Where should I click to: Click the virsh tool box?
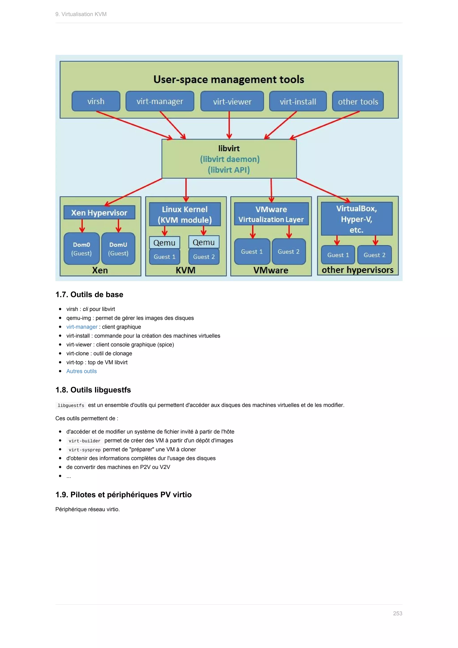tap(96, 101)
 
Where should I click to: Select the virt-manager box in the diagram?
tap(160, 101)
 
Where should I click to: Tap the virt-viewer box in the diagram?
tap(232, 101)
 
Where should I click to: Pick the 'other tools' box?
tap(358, 101)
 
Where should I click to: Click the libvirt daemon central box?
tap(229, 159)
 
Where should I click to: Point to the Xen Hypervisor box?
tap(99, 213)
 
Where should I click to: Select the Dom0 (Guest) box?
tap(81, 249)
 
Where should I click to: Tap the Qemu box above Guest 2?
tap(204, 242)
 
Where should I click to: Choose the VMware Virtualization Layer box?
tap(271, 214)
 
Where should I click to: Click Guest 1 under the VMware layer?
tap(252, 252)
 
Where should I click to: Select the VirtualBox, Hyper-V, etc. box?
tap(356, 219)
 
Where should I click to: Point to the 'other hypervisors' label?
tap(357, 270)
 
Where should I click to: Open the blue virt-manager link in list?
tap(82, 327)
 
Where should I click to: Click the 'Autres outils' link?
tap(81, 371)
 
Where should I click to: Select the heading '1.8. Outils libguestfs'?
tap(93, 390)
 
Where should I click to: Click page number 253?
tap(397, 613)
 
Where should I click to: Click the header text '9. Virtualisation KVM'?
tap(81, 14)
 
